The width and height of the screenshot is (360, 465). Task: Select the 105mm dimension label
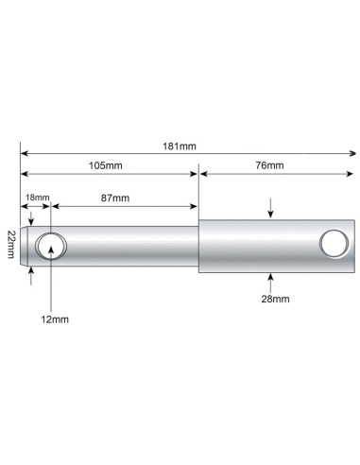105,165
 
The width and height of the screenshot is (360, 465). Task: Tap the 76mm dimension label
268,165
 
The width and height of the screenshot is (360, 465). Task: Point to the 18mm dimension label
35,197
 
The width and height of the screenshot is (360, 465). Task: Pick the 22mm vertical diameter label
10,247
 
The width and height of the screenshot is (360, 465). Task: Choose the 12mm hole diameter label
55,319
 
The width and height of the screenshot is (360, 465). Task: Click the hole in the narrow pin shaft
51,247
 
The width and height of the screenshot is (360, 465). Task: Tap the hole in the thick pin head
332,243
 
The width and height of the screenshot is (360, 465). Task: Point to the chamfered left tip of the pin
24,247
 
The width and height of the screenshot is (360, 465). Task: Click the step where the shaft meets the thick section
198,247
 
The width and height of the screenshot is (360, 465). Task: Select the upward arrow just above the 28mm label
271,279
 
